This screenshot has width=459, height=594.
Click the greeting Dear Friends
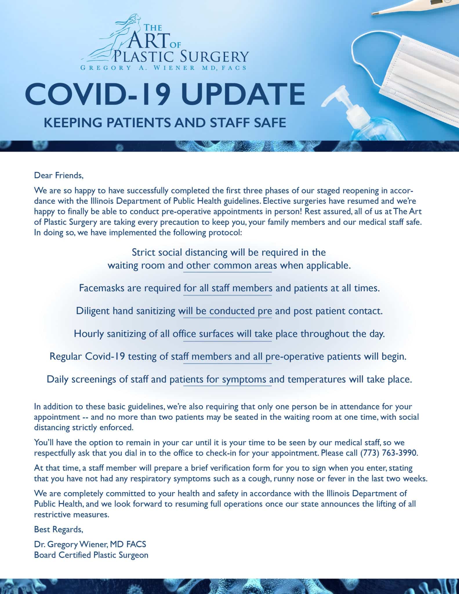(x=59, y=175)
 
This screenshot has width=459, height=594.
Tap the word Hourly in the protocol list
(x=89, y=334)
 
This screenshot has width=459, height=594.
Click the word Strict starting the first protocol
(x=144, y=252)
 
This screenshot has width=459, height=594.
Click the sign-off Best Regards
(x=59, y=530)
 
